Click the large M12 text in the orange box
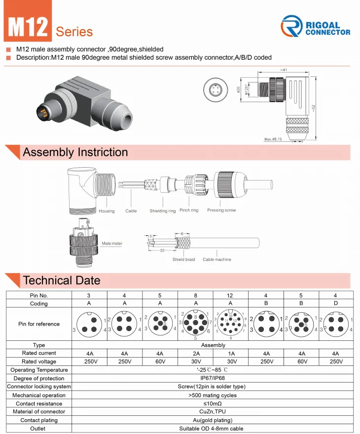tap(28, 27)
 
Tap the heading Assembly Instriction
tap(75, 152)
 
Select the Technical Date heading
tap(62, 281)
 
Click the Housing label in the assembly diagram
tap(107, 211)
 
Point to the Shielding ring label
tap(163, 211)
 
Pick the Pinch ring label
tap(189, 210)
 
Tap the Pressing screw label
tap(221, 210)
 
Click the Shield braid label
tap(183, 259)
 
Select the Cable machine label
tap(217, 259)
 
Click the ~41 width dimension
tap(283, 70)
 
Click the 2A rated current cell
tap(195, 354)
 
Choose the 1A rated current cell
tap(231, 354)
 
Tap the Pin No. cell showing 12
tap(231, 295)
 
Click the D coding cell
tap(336, 303)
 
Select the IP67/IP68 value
tap(213, 378)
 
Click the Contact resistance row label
tap(39, 403)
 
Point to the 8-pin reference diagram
tap(195, 324)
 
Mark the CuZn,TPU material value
tap(213, 411)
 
